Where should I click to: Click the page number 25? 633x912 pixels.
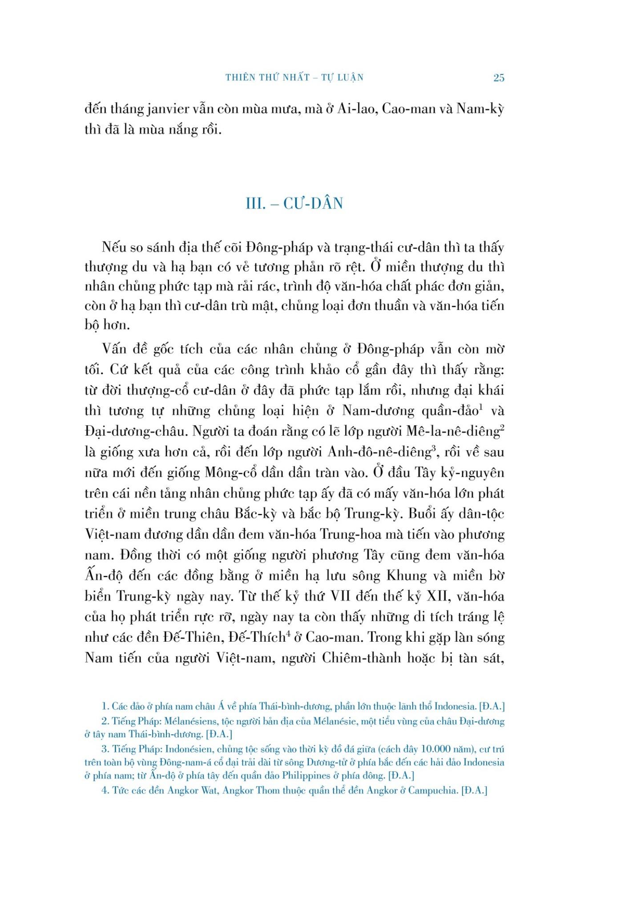pos(499,78)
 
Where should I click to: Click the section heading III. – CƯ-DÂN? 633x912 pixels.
pos(294,204)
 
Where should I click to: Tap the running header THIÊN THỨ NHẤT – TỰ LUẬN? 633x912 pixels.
pos(294,77)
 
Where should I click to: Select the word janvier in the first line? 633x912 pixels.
pos(173,110)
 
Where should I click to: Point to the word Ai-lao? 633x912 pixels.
pos(352,110)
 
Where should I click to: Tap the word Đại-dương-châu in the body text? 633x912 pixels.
pos(132,432)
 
